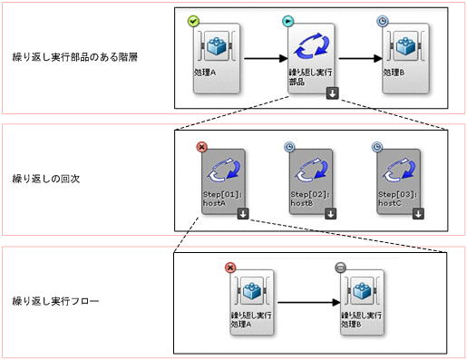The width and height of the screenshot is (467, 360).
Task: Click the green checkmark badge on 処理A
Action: [x=193, y=21]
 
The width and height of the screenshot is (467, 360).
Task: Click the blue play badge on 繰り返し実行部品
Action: [x=288, y=21]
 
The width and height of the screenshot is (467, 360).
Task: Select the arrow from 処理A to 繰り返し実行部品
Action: [x=262, y=60]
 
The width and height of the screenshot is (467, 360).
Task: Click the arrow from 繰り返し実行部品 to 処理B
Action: [x=357, y=60]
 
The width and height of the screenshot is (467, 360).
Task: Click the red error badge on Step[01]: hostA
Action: [x=202, y=146]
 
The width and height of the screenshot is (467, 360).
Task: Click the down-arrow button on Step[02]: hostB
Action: [x=330, y=214]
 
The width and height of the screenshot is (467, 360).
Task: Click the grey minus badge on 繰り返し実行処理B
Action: [x=340, y=268]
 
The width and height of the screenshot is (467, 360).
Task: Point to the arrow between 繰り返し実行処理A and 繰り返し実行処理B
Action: [x=308, y=302]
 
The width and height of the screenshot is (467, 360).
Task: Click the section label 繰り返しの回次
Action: [x=46, y=179]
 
